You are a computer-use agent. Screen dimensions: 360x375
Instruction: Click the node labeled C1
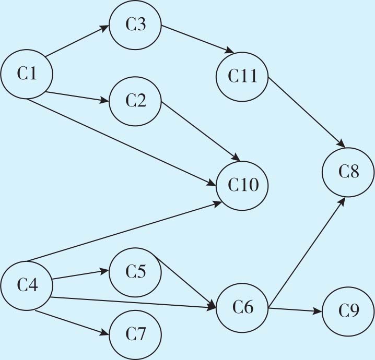pyautogui.click(x=26, y=74)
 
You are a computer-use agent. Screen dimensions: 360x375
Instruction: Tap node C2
pyautogui.click(x=135, y=101)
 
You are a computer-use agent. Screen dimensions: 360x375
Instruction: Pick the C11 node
pyautogui.click(x=243, y=76)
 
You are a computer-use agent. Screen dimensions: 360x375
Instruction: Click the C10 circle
pyautogui.click(x=243, y=185)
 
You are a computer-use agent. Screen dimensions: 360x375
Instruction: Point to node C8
pyautogui.click(x=348, y=171)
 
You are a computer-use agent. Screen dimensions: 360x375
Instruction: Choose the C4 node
pyautogui.click(x=26, y=285)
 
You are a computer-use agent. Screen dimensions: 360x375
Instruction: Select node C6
pyautogui.click(x=242, y=308)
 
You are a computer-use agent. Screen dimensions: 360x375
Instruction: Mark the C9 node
pyautogui.click(x=348, y=311)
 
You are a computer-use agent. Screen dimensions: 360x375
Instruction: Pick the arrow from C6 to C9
pyautogui.click(x=295, y=310)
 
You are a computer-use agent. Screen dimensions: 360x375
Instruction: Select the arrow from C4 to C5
pyautogui.click(x=80, y=275)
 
